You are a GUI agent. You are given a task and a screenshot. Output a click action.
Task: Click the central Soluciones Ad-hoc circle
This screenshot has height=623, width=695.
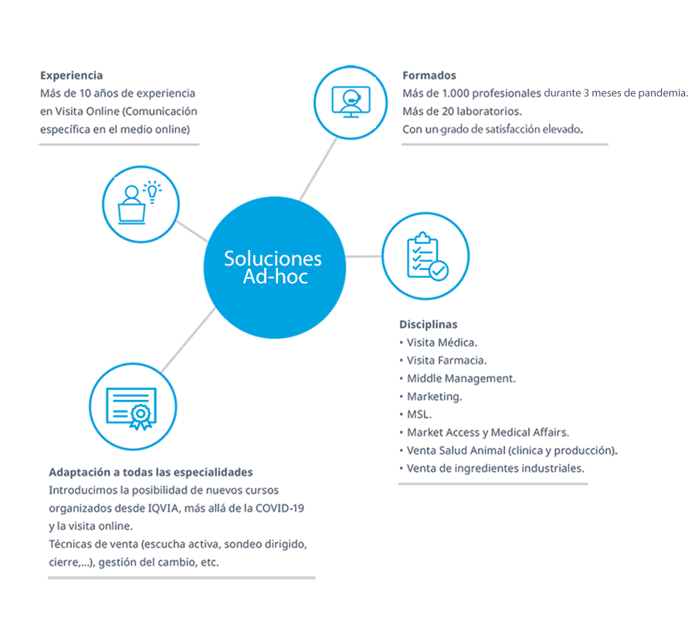(273, 267)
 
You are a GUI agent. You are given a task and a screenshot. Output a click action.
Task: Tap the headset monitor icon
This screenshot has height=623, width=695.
(351, 102)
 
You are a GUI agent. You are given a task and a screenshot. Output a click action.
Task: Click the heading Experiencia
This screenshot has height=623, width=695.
(72, 76)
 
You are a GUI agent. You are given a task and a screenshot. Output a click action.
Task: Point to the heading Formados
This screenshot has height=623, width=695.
(429, 76)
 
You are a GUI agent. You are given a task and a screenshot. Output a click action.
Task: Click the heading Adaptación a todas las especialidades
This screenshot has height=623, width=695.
(151, 472)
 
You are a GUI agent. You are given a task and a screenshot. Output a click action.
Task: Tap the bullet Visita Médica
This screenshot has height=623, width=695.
(441, 342)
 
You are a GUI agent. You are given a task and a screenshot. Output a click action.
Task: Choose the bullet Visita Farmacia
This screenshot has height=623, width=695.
(446, 360)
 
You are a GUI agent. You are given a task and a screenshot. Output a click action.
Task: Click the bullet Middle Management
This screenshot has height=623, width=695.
(461, 378)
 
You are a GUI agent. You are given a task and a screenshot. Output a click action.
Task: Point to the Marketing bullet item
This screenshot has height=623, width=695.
(434, 397)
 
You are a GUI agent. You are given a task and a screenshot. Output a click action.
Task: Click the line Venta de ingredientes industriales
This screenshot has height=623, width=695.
(495, 468)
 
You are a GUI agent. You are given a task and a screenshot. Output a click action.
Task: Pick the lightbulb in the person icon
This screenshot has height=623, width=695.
(153, 190)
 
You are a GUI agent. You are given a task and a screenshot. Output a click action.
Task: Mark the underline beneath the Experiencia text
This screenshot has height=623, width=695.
(119, 144)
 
